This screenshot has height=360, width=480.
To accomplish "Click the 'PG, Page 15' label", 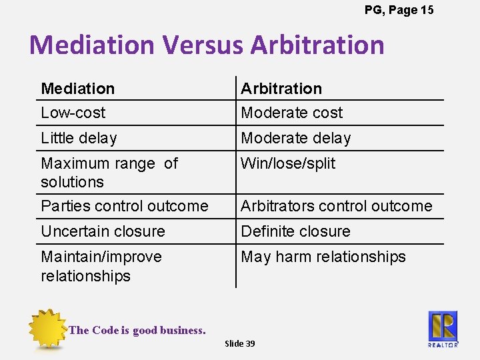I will pos(399,10).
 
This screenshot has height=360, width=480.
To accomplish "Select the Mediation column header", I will pos(78,89).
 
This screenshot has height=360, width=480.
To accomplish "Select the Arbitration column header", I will pos(281,89).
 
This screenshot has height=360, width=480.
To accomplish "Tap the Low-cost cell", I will pos(73,113).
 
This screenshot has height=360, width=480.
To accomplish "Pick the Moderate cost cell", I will pos(292,113).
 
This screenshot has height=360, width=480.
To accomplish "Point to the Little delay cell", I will pos(79,138).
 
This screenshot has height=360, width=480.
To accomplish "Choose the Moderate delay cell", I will pos(296,138).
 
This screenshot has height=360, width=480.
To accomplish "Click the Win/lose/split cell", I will pos(288,163).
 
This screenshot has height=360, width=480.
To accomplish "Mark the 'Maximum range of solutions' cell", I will pos(109,172).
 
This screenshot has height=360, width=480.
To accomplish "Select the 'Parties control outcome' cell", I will pos(125,206).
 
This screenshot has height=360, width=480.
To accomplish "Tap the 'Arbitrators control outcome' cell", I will pos(337,206).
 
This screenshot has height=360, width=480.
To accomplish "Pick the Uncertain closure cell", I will pos(103,231).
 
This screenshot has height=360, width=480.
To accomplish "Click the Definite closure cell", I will pos(295,231).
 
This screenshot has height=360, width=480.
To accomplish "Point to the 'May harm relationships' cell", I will pos(323,257).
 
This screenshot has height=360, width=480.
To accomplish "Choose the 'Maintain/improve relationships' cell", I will pos(101,266).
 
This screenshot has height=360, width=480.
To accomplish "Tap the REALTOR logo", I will pos(443,328).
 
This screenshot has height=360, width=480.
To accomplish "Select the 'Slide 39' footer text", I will pos(239,343).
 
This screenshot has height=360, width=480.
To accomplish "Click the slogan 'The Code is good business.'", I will pos(137,330).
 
